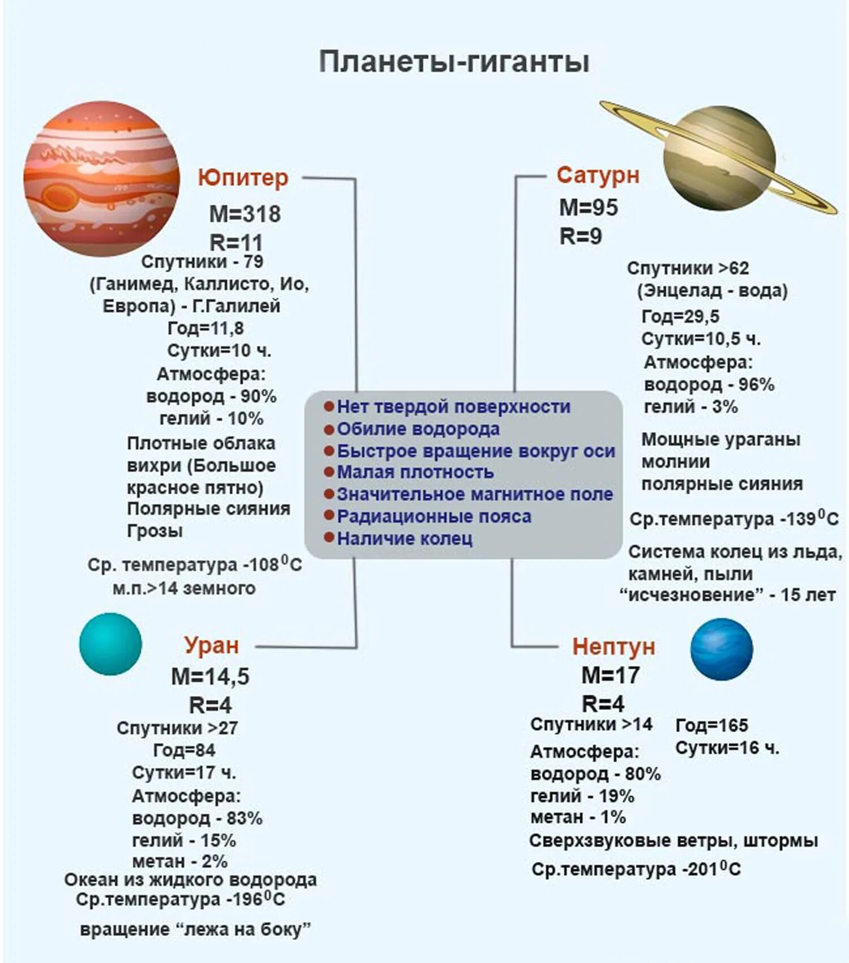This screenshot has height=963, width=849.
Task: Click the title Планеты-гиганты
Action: [x=454, y=61]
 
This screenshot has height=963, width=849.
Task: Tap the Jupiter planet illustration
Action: [x=102, y=178]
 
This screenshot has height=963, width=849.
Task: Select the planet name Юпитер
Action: [x=243, y=178]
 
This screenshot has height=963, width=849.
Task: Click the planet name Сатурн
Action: [x=598, y=175]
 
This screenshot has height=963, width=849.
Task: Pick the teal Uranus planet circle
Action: [x=110, y=644]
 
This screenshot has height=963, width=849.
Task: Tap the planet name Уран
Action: [x=211, y=645]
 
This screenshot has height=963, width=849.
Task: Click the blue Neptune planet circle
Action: [x=722, y=649]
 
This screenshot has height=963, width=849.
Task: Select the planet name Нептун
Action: [x=614, y=647]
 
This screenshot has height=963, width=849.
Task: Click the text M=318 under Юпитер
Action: [x=245, y=214]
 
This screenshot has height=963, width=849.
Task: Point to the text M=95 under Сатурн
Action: [x=589, y=208]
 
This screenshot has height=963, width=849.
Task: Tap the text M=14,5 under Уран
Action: [x=210, y=677]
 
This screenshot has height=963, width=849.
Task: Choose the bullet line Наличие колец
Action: [x=404, y=538]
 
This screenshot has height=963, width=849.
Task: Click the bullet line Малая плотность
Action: [x=415, y=472]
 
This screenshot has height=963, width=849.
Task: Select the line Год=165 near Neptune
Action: [x=711, y=725]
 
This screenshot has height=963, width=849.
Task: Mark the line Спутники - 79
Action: [x=202, y=262]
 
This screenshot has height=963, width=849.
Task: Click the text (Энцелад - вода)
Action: [x=712, y=291]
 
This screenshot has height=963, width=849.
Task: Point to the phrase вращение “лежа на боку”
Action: [x=195, y=929]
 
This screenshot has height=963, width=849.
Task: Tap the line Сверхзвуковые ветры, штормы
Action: [x=674, y=841]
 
